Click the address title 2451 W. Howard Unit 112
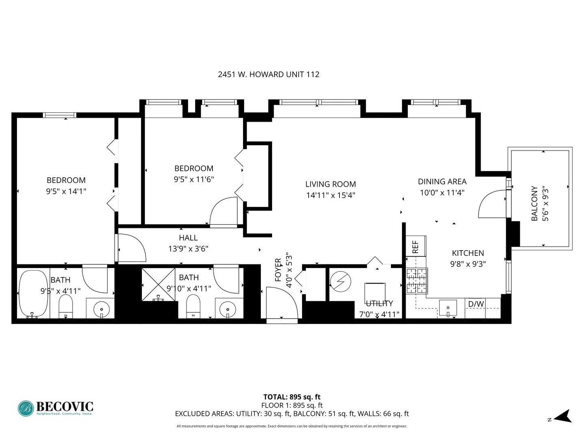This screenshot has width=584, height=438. click(268, 74)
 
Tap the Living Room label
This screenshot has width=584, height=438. click(331, 184)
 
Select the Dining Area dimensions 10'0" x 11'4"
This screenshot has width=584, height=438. click(442, 193)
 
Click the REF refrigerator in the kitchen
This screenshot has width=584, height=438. click(415, 247)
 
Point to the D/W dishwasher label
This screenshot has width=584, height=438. click(476, 304)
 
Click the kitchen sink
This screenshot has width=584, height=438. click(448, 308)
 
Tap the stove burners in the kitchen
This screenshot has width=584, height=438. click(417, 281)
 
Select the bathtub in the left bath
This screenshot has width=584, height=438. click(33, 294)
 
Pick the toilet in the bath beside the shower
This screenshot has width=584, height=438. click(193, 306)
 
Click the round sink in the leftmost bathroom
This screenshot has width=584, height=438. click(101, 309)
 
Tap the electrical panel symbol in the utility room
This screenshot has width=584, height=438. click(340, 281)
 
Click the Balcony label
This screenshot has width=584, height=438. click(535, 204)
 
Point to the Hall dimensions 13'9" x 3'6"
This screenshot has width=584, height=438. click(188, 249)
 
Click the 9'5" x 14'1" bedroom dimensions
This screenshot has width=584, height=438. click(66, 191)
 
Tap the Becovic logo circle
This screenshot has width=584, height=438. click(26, 408)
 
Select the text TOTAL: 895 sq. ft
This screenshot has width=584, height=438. click(292, 397)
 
